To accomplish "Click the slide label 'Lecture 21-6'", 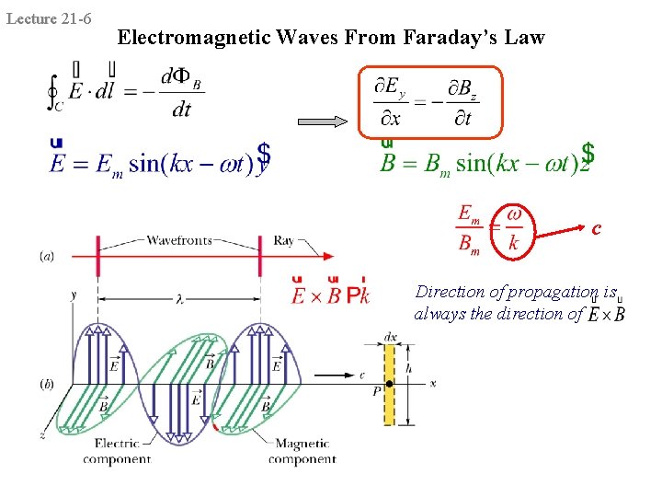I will point(48,17).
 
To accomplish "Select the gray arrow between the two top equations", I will point(325,122).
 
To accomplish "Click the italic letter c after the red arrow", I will point(597,227).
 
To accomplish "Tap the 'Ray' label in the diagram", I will point(283,241).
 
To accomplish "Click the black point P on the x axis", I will point(389,384).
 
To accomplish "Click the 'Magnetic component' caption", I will point(302,451).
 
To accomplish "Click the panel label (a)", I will point(47,256).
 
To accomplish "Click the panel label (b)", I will point(47,382).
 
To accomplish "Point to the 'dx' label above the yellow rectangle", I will point(391,337).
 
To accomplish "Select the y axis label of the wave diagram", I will point(73,295).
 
